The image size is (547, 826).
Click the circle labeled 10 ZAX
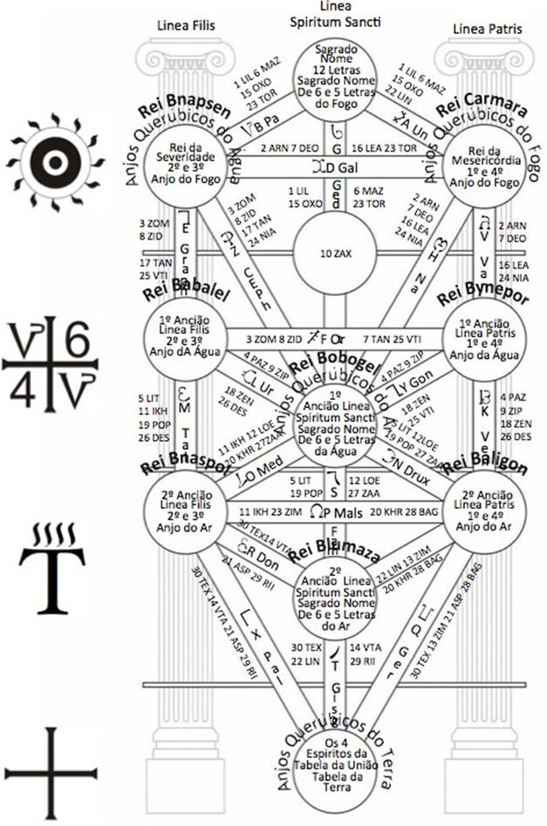click(x=334, y=254)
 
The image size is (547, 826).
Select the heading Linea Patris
click(x=486, y=29)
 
